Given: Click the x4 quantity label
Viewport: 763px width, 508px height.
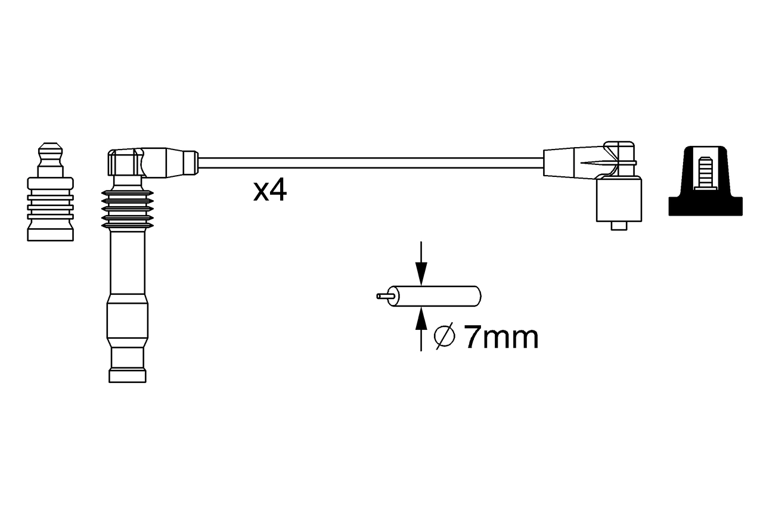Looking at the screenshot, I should (x=270, y=191).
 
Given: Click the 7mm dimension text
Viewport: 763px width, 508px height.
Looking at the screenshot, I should (x=501, y=338).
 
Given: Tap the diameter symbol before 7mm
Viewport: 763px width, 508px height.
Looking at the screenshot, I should (x=445, y=338).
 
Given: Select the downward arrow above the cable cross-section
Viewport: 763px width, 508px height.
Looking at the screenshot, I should (x=421, y=265).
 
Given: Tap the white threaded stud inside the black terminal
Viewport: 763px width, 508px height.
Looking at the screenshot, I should (x=706, y=172).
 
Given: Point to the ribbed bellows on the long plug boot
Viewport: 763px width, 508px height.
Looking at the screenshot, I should (x=127, y=210).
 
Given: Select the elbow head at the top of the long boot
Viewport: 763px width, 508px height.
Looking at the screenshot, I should (x=126, y=163).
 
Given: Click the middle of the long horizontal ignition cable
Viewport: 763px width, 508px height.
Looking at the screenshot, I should (x=370, y=163).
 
